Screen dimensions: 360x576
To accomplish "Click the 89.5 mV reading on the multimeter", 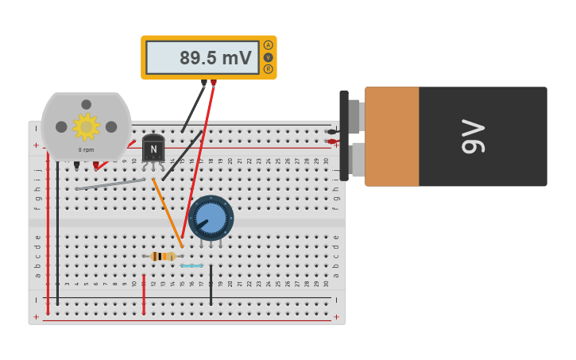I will coord(215,58).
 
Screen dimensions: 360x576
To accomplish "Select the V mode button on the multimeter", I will coord(268,57).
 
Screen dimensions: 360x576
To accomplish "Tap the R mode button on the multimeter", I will coord(268,69).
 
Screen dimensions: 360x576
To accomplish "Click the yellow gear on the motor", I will coord(86,126).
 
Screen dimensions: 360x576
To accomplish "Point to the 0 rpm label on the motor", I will coord(86,149).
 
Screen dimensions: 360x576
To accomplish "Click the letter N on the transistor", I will coord(153,149).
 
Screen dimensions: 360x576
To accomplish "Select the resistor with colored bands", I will coord(163,256).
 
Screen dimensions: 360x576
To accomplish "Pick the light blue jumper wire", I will coord(191,265).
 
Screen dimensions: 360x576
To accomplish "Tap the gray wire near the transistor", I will coord(111,184).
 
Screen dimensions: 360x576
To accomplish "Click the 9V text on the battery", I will coord(472,136).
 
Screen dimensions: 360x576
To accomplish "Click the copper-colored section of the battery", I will coord(392,136).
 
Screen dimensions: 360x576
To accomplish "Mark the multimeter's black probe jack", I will coord(204,83).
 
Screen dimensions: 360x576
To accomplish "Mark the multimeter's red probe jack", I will coord(214,83).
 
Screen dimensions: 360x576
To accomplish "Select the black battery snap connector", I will coord(344,135).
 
